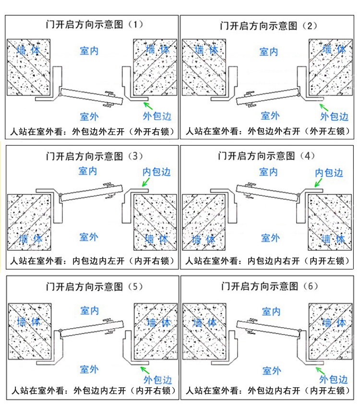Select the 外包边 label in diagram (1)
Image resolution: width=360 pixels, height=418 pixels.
157,116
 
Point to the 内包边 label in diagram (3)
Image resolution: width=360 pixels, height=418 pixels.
156,172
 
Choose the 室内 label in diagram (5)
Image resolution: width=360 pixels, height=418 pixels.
89,310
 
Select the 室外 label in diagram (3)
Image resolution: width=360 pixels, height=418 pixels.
89,236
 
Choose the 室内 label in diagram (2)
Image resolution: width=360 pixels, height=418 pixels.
269,51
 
